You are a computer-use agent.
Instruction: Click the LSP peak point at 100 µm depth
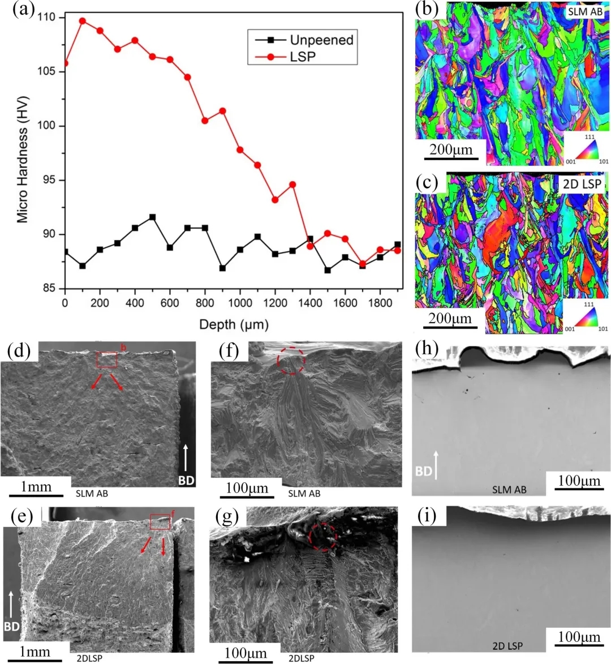click(x=82, y=21)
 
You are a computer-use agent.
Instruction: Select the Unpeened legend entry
click(x=321, y=40)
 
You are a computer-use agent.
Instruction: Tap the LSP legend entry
click(x=303, y=57)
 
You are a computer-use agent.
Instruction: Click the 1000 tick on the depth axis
click(x=240, y=303)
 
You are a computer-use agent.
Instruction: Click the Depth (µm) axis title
click(x=234, y=325)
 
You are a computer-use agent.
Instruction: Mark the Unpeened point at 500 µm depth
click(x=152, y=217)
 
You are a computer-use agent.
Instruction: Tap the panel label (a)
click(x=23, y=10)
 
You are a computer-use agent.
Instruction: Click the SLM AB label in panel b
click(x=585, y=11)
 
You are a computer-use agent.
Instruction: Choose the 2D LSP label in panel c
click(x=582, y=183)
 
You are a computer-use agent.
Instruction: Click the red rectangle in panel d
click(x=106, y=360)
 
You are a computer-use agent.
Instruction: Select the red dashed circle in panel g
click(x=324, y=536)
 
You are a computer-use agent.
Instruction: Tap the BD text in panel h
click(x=424, y=471)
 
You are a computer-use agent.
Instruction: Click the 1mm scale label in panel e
click(x=35, y=652)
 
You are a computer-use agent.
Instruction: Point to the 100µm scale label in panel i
click(x=579, y=637)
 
